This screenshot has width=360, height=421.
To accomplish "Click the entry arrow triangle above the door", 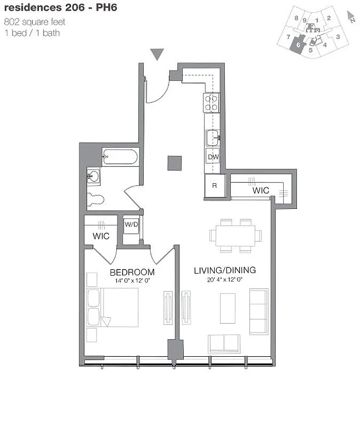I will click(x=157, y=54).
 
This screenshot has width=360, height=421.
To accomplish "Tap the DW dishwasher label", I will click(x=213, y=157).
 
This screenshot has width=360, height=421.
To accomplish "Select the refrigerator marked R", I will click(x=214, y=186).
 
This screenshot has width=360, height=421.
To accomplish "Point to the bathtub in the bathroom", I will click(x=120, y=157).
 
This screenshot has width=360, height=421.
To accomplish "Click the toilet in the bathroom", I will click(x=95, y=199).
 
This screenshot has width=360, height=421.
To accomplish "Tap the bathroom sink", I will click(x=94, y=176).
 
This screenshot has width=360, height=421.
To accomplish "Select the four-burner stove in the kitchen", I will click(x=212, y=102).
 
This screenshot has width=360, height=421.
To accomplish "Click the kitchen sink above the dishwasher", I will click(x=213, y=137).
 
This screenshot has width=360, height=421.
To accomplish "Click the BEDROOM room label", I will click(x=132, y=272).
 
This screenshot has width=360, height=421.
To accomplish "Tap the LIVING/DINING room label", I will click(x=225, y=270).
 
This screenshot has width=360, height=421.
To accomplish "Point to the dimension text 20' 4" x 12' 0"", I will click(x=225, y=280).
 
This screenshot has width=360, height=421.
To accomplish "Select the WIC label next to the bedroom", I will click(x=101, y=236).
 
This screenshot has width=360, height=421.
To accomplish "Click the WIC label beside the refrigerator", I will click(x=261, y=190).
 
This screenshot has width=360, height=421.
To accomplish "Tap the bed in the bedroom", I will click(x=113, y=307).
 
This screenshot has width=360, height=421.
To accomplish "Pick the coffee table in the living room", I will click(x=227, y=308).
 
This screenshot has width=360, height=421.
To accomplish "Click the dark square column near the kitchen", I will click(x=175, y=163).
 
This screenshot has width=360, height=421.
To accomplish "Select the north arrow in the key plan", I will click(x=351, y=16).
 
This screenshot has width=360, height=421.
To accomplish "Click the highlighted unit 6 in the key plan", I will click(x=299, y=45).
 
